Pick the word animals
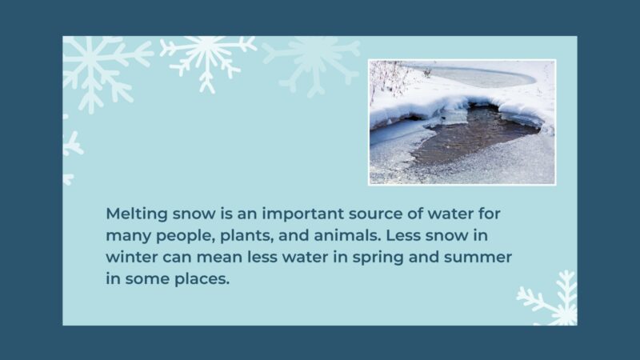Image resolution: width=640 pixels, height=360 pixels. coord(340,238)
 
